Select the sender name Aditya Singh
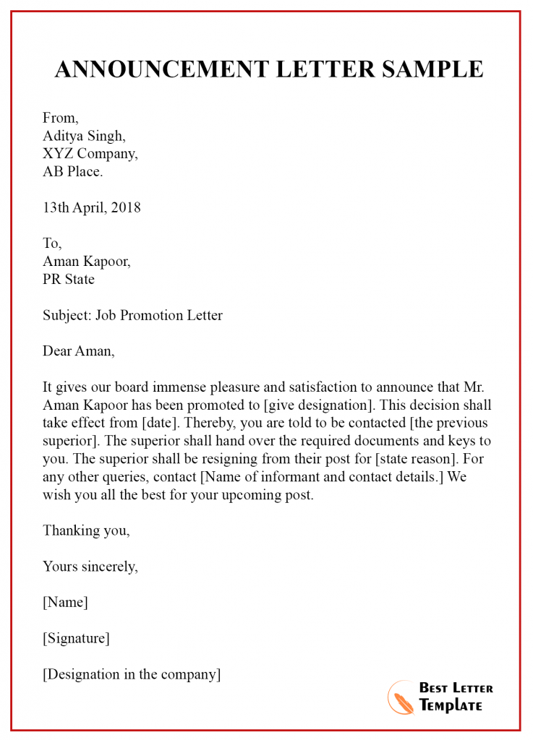click(84, 135)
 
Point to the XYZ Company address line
click(90, 153)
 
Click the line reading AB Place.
click(73, 171)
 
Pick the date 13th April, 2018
click(92, 207)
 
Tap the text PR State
click(69, 279)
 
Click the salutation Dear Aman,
click(79, 351)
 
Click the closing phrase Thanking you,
click(87, 530)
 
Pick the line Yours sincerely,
click(90, 567)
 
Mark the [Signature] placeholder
click(77, 638)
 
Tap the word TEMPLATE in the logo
click(450, 706)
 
